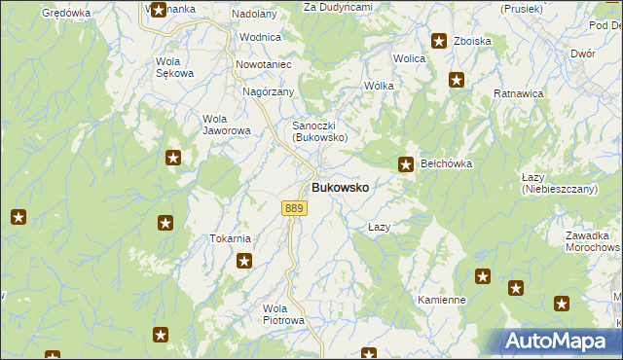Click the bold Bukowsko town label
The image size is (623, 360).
click(x=340, y=187)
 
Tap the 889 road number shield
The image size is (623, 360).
click(x=295, y=208)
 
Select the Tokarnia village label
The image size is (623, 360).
click(x=231, y=238)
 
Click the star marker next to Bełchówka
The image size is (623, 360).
click(x=406, y=165)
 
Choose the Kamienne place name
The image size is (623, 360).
click(x=441, y=300)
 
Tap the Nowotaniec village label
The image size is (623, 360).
click(x=264, y=64)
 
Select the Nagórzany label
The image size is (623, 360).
click(x=268, y=91)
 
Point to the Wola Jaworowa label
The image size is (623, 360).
click(x=227, y=125)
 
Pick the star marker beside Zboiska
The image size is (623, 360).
click(x=439, y=42)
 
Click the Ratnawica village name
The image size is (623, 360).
click(x=518, y=93)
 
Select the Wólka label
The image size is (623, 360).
click(x=379, y=86)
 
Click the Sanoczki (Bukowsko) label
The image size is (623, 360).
click(x=321, y=131)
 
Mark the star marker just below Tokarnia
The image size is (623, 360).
click(x=244, y=261)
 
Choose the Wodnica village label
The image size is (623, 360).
click(x=260, y=37)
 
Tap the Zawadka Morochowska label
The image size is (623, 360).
click(x=591, y=241)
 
